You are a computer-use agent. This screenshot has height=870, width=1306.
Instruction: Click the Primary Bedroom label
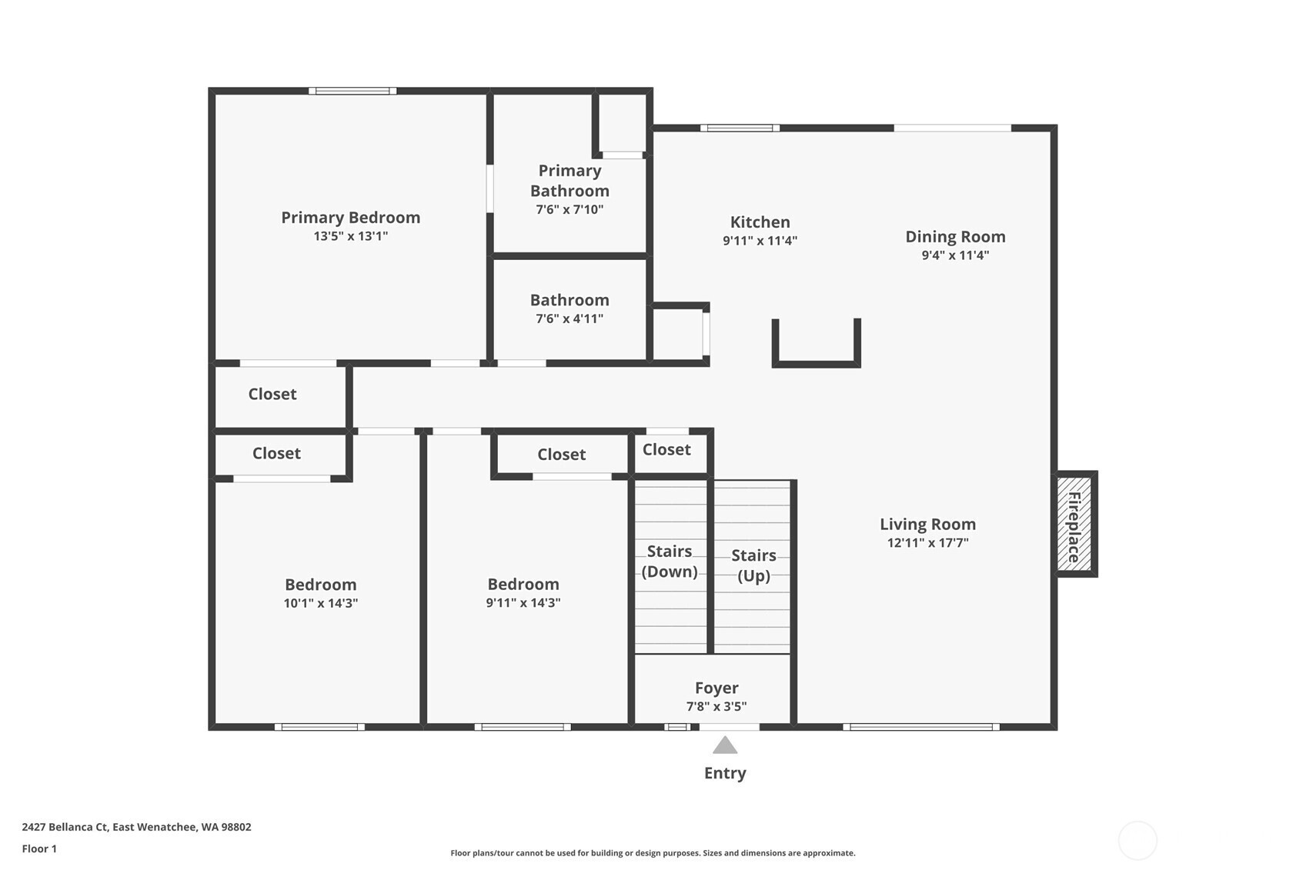350,218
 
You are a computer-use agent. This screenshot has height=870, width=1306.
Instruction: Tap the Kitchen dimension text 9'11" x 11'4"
760,240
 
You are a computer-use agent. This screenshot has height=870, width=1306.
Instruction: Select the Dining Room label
955,237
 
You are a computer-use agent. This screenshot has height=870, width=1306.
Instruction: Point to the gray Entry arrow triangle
725,745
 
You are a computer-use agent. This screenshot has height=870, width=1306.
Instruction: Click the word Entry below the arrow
725,773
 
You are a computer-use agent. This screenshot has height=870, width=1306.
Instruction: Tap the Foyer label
716,688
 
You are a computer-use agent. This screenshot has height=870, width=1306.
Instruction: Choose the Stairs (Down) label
670,562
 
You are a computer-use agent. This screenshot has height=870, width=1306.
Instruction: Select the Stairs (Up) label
753,565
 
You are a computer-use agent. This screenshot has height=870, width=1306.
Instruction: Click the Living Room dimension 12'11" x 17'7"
927,542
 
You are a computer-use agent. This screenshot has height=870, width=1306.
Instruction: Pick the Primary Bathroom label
569,181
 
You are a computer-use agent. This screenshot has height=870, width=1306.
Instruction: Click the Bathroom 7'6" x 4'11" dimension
569,318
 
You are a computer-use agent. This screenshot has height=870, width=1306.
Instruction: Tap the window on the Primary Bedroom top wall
352,91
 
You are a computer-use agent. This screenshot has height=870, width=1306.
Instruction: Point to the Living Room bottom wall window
921,727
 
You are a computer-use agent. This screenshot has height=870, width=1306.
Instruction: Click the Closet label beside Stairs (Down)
666,449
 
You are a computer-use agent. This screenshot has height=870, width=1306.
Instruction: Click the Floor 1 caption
39,848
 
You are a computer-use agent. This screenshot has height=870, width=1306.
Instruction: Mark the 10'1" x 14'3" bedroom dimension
321,602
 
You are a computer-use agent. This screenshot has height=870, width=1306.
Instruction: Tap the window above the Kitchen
740,128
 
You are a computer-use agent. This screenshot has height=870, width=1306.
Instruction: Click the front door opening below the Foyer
730,727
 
